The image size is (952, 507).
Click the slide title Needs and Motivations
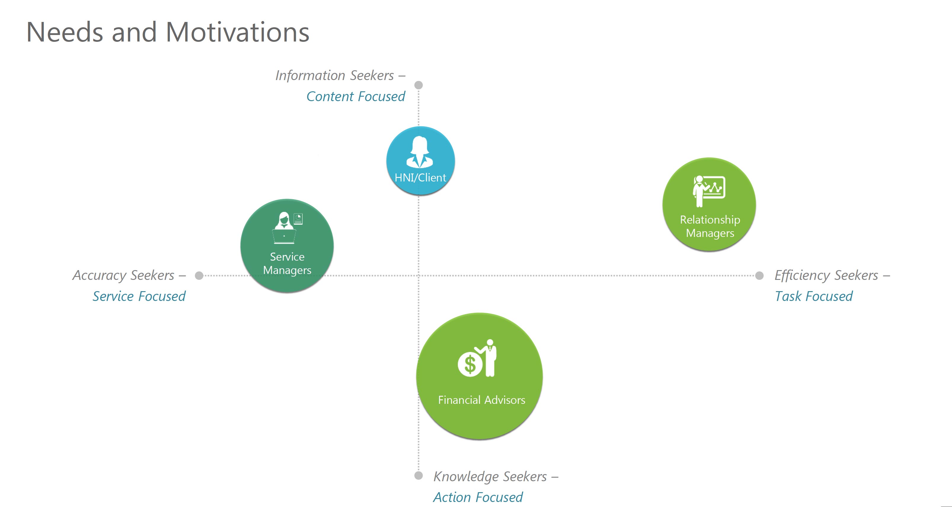coord(168,33)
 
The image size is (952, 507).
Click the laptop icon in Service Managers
coord(284,236)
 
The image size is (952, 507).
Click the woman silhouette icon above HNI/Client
coord(420,152)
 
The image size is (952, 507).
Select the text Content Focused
coord(356,97)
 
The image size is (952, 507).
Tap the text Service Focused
coord(139,296)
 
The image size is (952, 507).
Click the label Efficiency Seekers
coord(826,275)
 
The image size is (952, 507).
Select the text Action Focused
coord(478,497)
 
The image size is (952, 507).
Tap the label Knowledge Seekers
coord(490,476)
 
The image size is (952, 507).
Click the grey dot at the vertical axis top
coord(418,85)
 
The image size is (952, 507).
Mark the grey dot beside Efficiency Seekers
coord(759,275)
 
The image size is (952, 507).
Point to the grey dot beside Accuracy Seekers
coord(199,275)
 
